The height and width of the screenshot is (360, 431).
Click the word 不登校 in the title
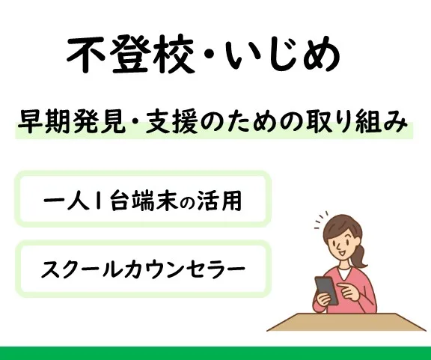coord(129,55)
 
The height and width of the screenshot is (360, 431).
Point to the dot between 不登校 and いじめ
coord(209,55)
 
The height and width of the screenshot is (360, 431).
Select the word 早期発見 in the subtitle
coord(71,122)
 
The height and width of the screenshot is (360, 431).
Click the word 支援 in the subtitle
coord(171,122)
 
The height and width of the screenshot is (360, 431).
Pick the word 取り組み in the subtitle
coord(352,122)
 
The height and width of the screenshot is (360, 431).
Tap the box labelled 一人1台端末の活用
coord(143,199)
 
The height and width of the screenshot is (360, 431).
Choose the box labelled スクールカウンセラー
coord(143,269)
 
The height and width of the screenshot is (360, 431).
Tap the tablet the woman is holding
coord(326,290)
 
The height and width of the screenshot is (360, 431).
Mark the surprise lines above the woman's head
coord(321,219)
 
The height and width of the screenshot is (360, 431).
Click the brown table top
coord(346,322)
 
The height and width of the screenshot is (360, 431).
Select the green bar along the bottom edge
coord(215,353)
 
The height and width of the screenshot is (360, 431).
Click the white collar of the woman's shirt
coord(343,272)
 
